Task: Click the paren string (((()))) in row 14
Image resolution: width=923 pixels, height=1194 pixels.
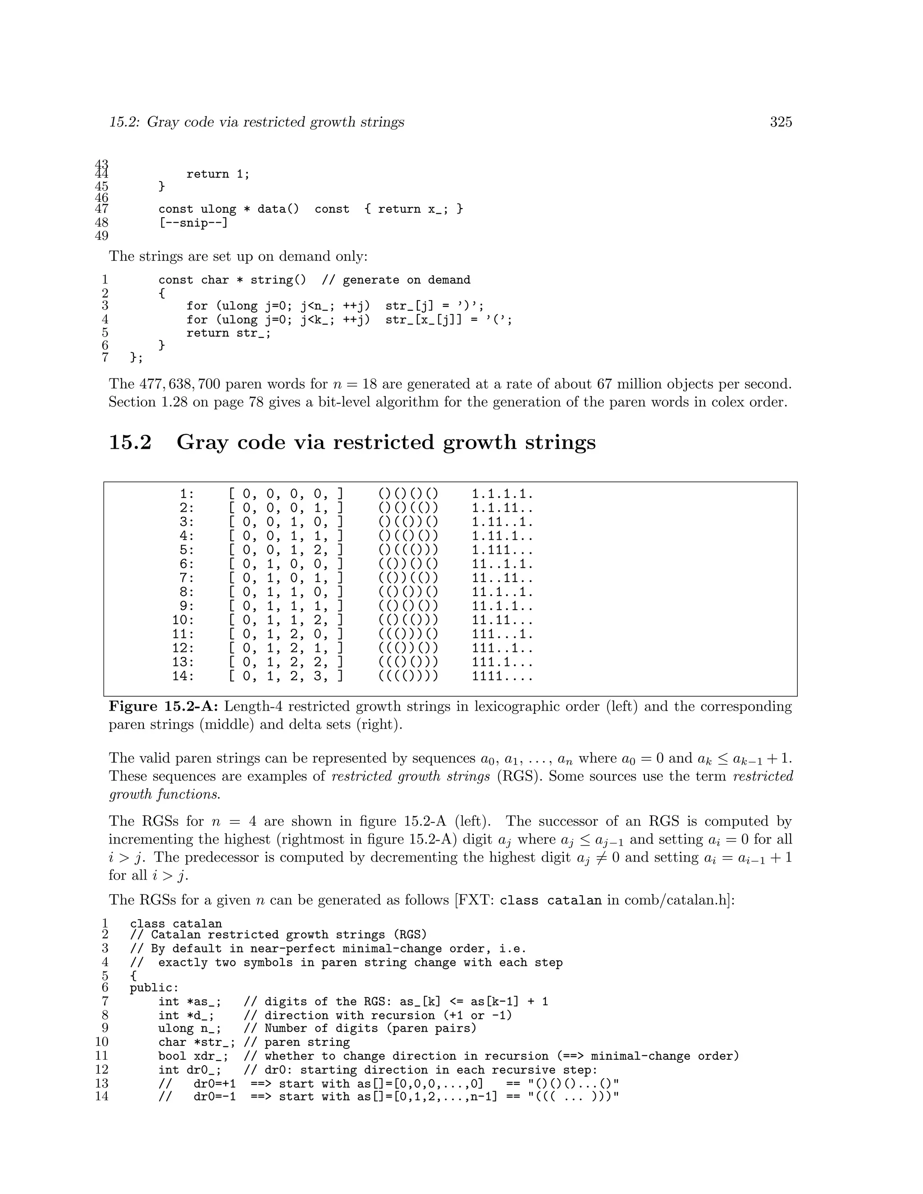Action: pyautogui.click(x=408, y=676)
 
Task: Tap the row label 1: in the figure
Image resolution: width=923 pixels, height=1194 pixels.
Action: pyautogui.click(x=187, y=494)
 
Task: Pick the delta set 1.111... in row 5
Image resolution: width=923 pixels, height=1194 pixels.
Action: pyautogui.click(x=502, y=550)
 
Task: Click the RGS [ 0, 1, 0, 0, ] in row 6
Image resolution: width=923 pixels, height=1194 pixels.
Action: pyautogui.click(x=285, y=564)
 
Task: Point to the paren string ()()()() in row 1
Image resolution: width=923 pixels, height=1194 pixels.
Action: pyautogui.click(x=408, y=494)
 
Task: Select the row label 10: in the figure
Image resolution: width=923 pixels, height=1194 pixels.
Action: pyautogui.click(x=183, y=620)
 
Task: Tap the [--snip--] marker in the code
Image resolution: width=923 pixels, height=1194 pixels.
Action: pyautogui.click(x=193, y=223)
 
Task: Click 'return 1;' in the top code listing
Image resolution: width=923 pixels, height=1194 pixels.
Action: pyautogui.click(x=218, y=174)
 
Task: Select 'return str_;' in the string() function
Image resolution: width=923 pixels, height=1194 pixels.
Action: pyautogui.click(x=228, y=333)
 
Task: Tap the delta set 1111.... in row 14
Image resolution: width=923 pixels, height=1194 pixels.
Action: pyautogui.click(x=502, y=676)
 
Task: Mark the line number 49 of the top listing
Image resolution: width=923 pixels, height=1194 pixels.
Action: pyautogui.click(x=102, y=236)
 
